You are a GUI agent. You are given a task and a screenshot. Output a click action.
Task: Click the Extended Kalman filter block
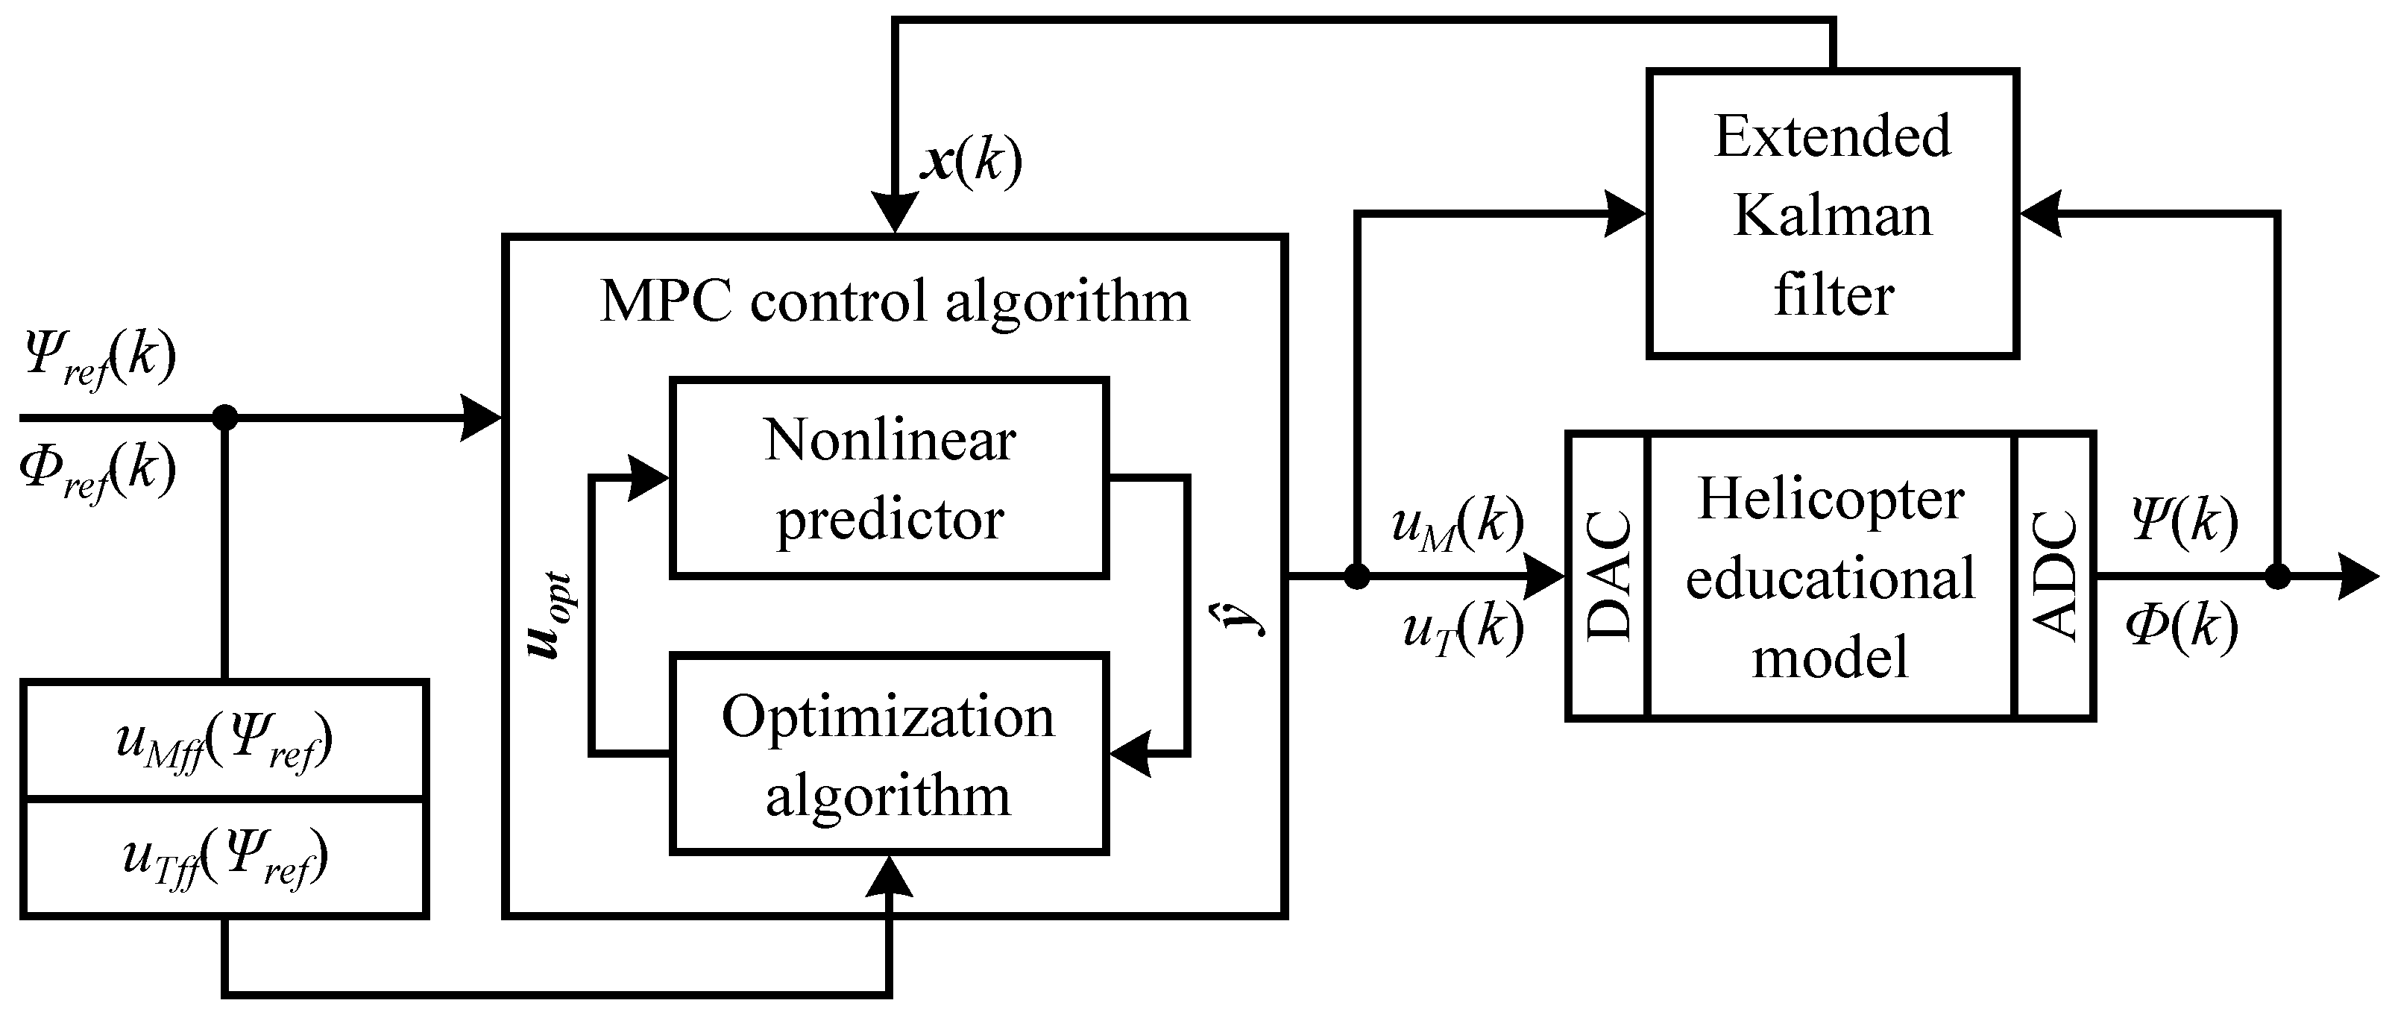1832,213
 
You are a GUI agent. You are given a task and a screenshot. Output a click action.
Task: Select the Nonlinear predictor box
889,478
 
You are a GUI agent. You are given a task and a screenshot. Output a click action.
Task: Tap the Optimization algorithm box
889,754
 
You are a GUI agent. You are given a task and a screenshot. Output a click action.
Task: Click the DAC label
1609,576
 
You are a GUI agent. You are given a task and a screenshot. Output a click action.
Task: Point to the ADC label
2054,576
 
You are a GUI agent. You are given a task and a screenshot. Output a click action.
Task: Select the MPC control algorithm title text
893,302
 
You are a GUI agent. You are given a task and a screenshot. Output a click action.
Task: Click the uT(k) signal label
1462,629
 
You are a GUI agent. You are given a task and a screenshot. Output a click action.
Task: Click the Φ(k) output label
2182,628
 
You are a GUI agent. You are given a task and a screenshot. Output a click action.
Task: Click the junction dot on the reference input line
224,418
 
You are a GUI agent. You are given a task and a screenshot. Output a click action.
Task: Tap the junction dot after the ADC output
2277,576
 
